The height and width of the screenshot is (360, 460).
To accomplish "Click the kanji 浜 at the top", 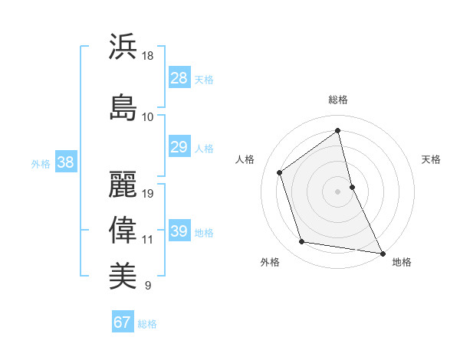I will pos(123,47).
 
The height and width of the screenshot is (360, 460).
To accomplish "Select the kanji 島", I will pos(123,106).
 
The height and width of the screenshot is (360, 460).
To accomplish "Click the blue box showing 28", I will pos(179,77).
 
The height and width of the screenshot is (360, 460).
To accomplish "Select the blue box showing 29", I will pos(179,147).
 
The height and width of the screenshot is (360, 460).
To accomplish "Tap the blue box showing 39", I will pos(179,231).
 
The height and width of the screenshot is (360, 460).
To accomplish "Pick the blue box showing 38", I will pos(65,162).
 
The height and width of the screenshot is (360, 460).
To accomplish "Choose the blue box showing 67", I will pos(123,322).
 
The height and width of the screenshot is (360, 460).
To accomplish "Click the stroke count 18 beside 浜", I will pos(148,56).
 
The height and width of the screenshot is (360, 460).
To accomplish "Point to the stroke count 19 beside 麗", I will pos(148,194).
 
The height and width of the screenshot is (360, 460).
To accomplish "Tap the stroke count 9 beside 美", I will pos(147,286).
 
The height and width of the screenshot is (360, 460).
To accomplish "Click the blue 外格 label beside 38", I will pos(41,163).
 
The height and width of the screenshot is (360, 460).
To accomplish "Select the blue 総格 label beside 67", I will pos(147,324).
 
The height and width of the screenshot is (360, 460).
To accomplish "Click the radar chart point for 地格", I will pos(382,253).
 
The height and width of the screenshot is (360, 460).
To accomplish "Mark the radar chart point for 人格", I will pos(280,172).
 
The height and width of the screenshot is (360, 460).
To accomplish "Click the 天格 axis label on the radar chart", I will pos(431,159).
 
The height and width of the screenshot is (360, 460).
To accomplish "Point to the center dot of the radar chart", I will pos(337,191).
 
